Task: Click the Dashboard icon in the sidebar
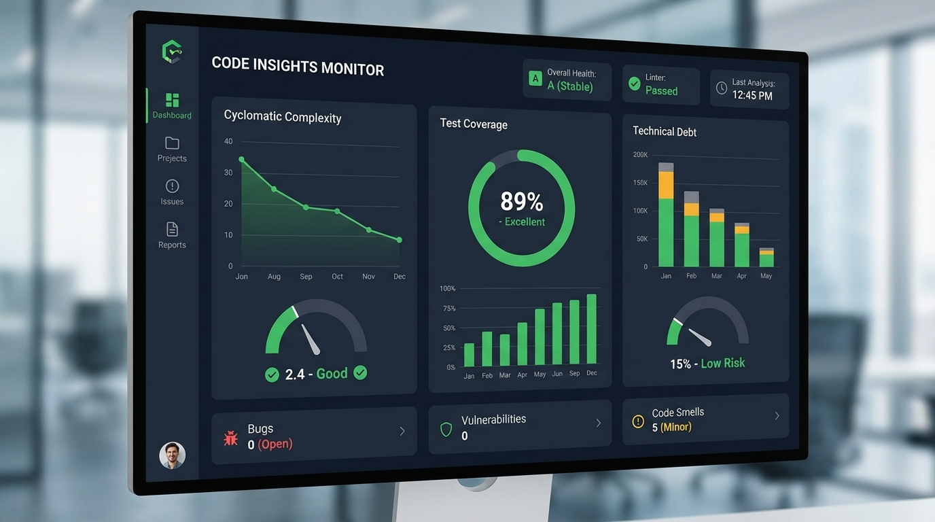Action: (172, 100)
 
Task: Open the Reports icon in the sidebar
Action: (172, 229)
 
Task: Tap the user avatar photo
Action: (173, 455)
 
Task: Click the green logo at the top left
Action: (172, 52)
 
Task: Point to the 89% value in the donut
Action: (521, 202)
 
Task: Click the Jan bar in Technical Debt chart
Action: (666, 217)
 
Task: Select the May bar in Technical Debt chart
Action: (766, 258)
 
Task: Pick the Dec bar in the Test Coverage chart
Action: (591, 330)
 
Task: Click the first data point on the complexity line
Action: (242, 160)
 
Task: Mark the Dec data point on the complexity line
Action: (399, 240)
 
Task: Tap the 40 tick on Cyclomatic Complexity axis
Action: (228, 141)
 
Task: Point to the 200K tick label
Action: (640, 154)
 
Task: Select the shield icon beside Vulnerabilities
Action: (446, 429)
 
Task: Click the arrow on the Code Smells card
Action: (777, 415)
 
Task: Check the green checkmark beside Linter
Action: (634, 84)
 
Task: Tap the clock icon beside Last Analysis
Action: (722, 88)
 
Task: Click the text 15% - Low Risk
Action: (707, 364)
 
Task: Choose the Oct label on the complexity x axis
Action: (338, 277)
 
